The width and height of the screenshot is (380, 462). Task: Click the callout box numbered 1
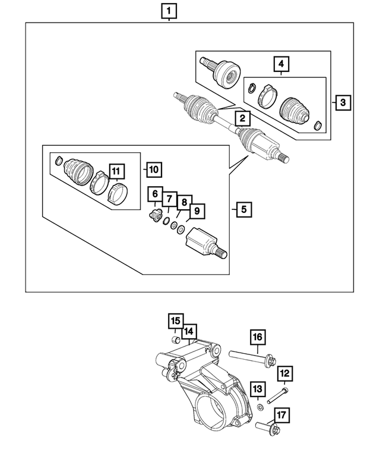169,10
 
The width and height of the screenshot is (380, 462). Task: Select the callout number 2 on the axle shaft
242,119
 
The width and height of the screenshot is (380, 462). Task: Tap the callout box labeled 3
343,102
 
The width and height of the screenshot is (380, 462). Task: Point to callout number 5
242,209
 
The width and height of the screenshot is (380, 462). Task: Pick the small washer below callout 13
260,408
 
